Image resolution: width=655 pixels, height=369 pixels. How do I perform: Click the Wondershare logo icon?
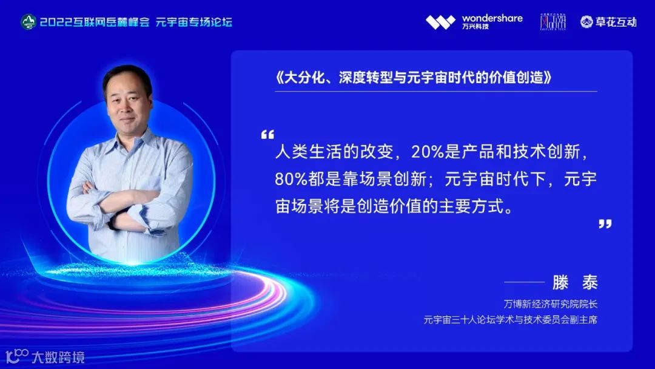click(x=440, y=22)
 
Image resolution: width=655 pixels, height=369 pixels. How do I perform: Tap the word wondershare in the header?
click(x=492, y=18)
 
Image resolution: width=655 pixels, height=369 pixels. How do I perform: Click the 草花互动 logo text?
click(x=615, y=22)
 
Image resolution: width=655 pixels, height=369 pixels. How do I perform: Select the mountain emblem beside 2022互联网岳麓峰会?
click(x=29, y=22)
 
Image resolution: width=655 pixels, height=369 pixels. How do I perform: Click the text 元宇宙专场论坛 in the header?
click(x=194, y=22)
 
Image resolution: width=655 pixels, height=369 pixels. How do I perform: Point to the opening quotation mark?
click(x=267, y=134)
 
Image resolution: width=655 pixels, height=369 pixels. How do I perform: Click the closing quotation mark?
click(x=605, y=224)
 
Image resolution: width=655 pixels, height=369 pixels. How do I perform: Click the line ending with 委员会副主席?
click(x=510, y=319)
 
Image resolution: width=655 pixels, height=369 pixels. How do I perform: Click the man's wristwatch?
click(x=113, y=222)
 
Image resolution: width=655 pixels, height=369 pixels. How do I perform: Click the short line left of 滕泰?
click(x=524, y=282)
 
